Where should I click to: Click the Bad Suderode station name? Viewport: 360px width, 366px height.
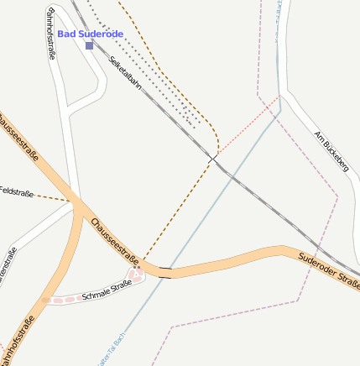tap(90, 34)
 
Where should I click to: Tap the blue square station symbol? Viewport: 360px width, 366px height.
tap(89, 45)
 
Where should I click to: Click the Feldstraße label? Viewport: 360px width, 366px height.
tap(17, 193)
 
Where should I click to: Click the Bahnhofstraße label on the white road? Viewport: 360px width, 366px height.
tap(51, 34)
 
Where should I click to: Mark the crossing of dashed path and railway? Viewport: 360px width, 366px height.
tap(213, 158)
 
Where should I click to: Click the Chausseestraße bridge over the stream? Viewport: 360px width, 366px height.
tap(165, 271)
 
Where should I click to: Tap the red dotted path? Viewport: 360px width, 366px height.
tap(248, 126)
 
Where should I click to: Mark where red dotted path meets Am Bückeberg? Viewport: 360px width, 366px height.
tap(280, 95)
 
